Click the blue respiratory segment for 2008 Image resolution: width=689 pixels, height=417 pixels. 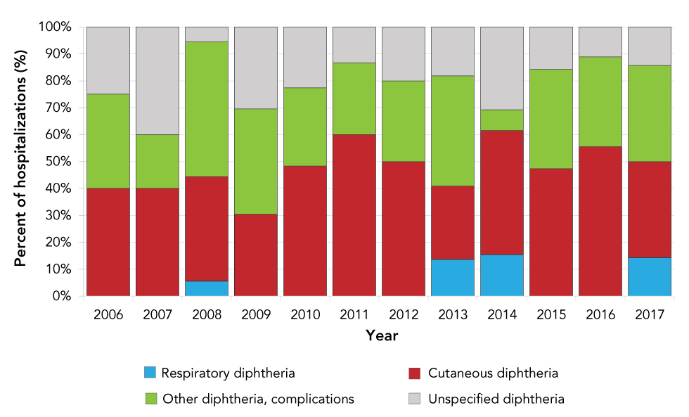[x=206, y=288]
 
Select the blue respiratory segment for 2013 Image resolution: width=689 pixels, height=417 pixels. [x=452, y=278]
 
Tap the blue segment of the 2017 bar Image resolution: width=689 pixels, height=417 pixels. [x=649, y=277]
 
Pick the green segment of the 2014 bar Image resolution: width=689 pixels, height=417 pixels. [x=501, y=120]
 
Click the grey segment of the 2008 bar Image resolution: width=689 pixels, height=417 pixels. [x=206, y=34]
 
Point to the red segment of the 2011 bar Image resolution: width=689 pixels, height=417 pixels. [x=354, y=215]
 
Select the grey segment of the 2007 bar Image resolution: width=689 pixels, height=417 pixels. [x=157, y=81]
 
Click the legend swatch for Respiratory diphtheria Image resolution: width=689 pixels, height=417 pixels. [x=150, y=373]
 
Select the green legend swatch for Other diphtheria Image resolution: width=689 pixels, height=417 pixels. [x=150, y=399]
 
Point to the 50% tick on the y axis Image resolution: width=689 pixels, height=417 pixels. [x=77, y=162]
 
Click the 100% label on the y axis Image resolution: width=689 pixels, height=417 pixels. [x=56, y=27]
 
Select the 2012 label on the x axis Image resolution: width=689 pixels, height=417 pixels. [x=403, y=314]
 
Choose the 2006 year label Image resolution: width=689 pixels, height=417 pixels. [x=108, y=314]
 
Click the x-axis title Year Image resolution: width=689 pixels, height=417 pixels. [x=382, y=336]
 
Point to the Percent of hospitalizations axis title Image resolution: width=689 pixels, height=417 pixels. [x=20, y=162]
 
